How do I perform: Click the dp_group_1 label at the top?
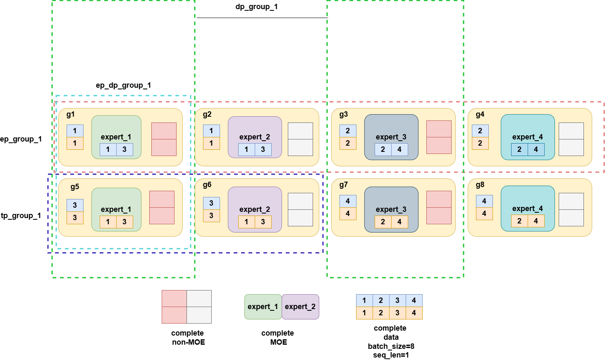pos(256,7)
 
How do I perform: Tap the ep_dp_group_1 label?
pos(123,85)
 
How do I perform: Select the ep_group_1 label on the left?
pos(21,139)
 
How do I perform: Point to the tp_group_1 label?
pos(21,216)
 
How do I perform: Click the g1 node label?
pos(71,115)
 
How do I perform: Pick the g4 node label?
pos(480,115)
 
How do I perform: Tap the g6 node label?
pos(207,185)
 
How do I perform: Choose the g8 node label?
pos(480,185)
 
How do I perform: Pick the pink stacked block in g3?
pos(439,137)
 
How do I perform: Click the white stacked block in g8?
pos(571,209)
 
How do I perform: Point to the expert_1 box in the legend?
pos(263,307)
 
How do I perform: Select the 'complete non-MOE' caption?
pos(188,338)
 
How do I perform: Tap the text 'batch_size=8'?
pos(391,346)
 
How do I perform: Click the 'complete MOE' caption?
pos(278,338)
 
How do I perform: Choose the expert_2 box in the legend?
pos(301,307)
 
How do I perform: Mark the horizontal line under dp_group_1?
pos(262,18)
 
